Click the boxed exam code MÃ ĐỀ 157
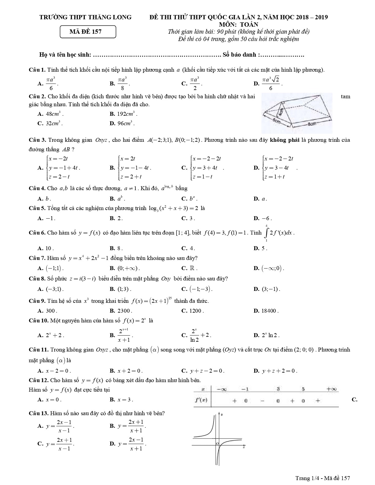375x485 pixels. point(88,32)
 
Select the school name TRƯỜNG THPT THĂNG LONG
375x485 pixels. point(85,17)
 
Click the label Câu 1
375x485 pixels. point(37,70)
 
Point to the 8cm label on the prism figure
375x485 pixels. point(312,124)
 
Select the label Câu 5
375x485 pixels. point(37,208)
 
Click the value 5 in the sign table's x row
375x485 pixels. point(303,389)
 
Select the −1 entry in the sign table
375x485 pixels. point(245,389)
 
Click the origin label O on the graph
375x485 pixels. point(217,443)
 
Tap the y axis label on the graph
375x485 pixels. point(222,415)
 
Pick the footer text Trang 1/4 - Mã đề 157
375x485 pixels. point(322,478)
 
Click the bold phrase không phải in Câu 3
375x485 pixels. point(281,140)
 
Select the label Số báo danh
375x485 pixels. point(240,55)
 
